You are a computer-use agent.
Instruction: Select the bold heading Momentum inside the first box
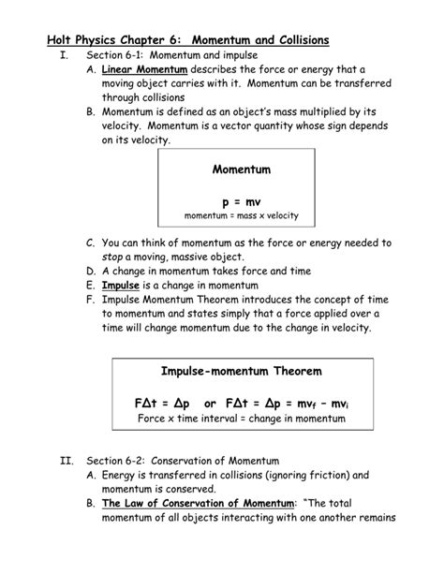point(242,170)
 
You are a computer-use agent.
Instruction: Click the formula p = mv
point(242,200)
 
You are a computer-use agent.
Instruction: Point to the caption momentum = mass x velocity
point(242,215)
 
